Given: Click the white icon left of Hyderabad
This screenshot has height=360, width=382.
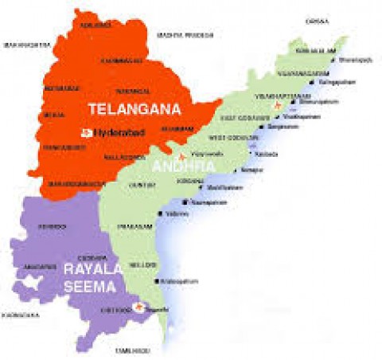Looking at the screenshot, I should tap(86, 131).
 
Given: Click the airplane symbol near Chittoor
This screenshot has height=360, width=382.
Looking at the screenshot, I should tap(141, 306).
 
